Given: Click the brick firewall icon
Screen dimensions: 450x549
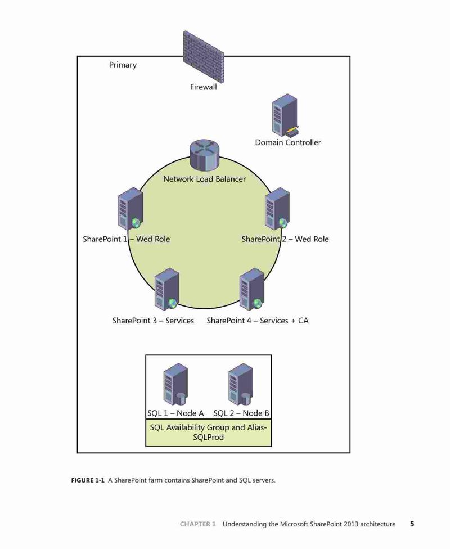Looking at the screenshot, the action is click(x=203, y=56).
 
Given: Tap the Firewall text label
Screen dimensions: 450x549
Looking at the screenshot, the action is click(x=204, y=87).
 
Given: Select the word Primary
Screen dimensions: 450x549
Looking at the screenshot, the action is click(x=123, y=65).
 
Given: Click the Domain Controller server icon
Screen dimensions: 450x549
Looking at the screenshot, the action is click(x=285, y=115).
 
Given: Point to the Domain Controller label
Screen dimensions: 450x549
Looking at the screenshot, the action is click(x=288, y=142).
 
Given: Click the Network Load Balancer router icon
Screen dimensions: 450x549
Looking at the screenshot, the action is click(x=205, y=155).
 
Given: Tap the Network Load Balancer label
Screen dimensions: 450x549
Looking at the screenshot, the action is click(x=205, y=179).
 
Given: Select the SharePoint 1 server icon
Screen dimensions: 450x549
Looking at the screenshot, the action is click(x=130, y=209).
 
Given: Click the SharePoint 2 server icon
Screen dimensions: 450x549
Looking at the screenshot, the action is click(x=277, y=209).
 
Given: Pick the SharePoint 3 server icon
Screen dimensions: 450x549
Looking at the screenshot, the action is click(x=167, y=289).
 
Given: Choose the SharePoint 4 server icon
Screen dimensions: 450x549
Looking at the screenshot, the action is click(x=252, y=289).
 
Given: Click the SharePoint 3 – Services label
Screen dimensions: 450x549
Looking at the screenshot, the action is click(x=153, y=321).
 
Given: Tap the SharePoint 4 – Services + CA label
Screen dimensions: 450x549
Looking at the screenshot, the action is click(x=258, y=321).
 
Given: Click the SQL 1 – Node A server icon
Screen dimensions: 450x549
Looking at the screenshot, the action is click(x=175, y=384).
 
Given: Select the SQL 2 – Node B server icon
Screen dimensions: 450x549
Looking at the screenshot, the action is click(x=241, y=384).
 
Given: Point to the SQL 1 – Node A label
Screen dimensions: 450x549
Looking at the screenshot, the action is click(x=175, y=413).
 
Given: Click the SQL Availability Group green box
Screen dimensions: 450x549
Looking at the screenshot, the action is click(x=208, y=433).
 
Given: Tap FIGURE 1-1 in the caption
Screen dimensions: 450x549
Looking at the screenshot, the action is click(x=88, y=480).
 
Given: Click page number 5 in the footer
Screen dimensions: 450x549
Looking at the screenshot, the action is click(x=412, y=524).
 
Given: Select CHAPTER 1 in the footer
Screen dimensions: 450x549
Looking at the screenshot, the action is click(x=198, y=524).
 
